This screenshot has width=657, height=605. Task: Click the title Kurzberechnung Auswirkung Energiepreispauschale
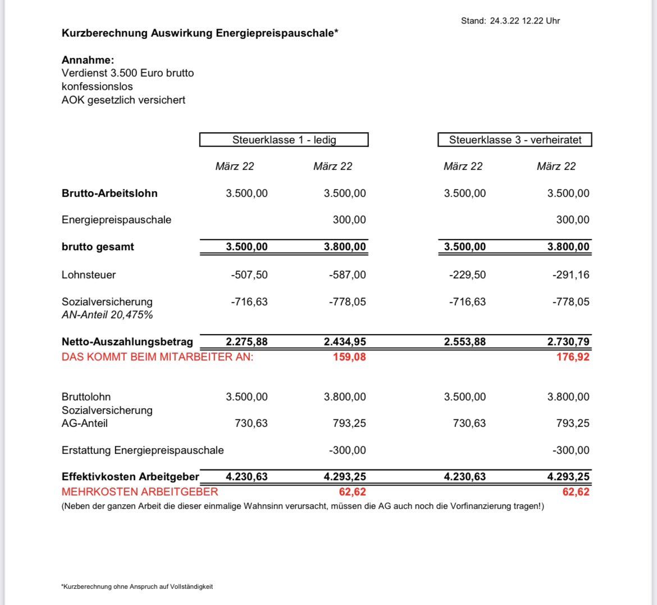point(200,33)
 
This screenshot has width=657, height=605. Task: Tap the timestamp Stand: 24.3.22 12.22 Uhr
point(510,21)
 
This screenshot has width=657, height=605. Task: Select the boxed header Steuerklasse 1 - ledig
point(284,140)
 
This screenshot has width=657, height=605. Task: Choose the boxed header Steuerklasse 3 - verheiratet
point(515,140)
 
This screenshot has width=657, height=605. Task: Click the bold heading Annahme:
point(88,60)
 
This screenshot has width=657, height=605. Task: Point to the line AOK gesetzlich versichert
point(124,100)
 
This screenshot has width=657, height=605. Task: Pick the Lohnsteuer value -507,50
point(249,275)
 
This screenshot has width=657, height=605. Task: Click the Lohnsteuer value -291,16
point(571,275)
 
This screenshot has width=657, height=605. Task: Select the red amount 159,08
point(349,357)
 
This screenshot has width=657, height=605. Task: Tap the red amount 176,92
point(573,357)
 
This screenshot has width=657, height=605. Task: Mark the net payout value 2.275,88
point(247,342)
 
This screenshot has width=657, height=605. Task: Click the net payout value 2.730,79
point(568,342)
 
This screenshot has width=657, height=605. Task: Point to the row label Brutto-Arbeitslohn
point(109,193)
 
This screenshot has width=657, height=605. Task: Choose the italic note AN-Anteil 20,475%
point(107,315)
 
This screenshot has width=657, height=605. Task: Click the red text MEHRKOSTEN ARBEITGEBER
point(140,492)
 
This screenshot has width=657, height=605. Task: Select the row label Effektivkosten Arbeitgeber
point(130,477)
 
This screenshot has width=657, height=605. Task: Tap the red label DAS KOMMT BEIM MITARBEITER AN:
point(157,357)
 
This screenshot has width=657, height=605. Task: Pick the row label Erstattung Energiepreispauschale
point(143,450)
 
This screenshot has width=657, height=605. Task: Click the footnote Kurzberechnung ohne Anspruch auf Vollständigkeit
point(138,586)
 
